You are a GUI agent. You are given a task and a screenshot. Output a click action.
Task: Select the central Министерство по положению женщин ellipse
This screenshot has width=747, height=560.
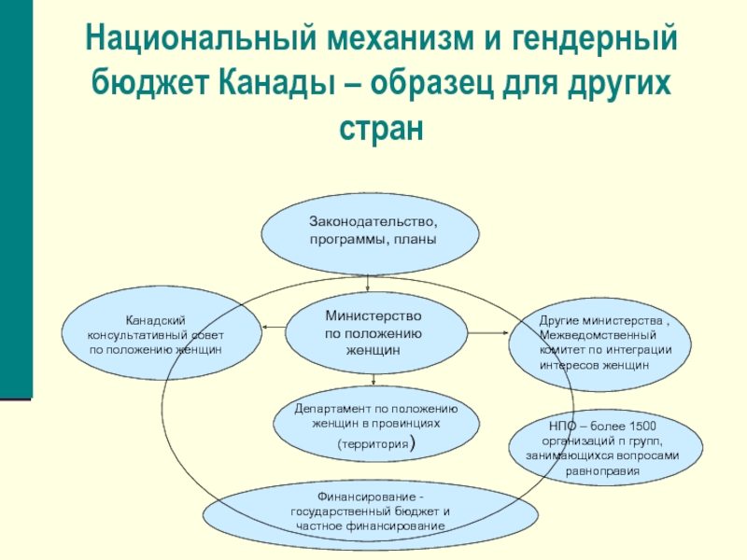tap(373, 332)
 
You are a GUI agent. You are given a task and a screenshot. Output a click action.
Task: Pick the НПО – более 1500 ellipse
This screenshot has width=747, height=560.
tap(603, 447)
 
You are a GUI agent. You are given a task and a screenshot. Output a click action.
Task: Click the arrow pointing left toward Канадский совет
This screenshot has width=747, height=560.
tap(273, 327)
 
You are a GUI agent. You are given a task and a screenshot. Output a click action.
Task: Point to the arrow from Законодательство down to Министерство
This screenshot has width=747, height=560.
tap(370, 283)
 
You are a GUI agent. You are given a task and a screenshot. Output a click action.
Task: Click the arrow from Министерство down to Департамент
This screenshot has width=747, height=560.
tap(373, 378)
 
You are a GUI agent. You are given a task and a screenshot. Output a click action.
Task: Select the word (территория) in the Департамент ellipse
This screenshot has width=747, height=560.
tap(373, 447)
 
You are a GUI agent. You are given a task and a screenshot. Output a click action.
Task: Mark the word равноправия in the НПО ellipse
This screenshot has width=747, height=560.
tap(603, 471)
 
